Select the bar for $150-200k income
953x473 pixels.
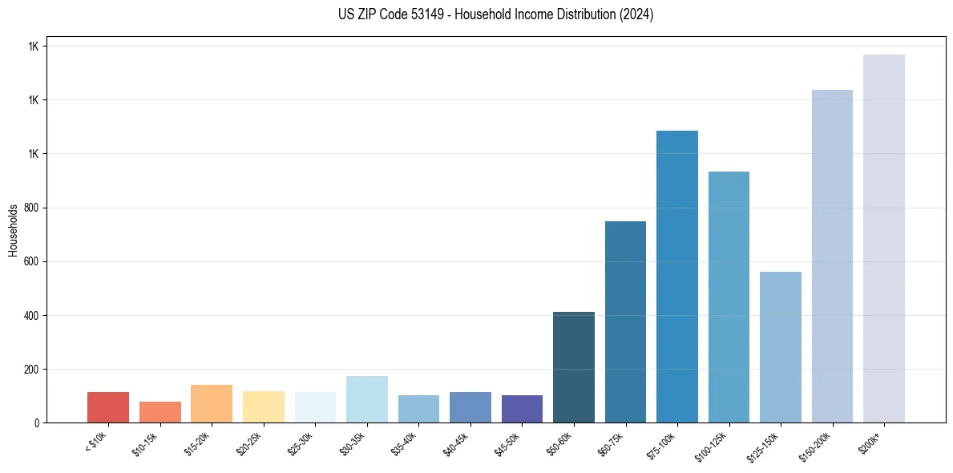(x=832, y=256)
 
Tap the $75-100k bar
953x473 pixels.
(x=676, y=277)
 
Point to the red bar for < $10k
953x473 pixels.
(x=108, y=407)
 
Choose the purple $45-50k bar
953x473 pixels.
(x=522, y=409)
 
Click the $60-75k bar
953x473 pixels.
(x=625, y=321)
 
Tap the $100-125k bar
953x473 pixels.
(x=729, y=297)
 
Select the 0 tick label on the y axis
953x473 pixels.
(x=37, y=422)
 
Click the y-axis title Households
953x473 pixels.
(x=13, y=229)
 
